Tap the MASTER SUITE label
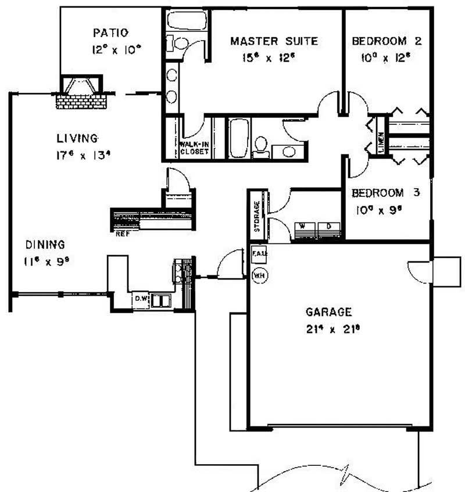(274, 41)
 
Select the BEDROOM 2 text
(387, 41)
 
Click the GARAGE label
(328, 312)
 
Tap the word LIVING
(77, 138)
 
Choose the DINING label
(44, 245)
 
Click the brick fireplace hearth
(82, 101)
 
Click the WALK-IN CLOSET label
(194, 147)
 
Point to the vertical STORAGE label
(256, 217)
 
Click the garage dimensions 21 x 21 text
(328, 329)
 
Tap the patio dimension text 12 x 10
(116, 50)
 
